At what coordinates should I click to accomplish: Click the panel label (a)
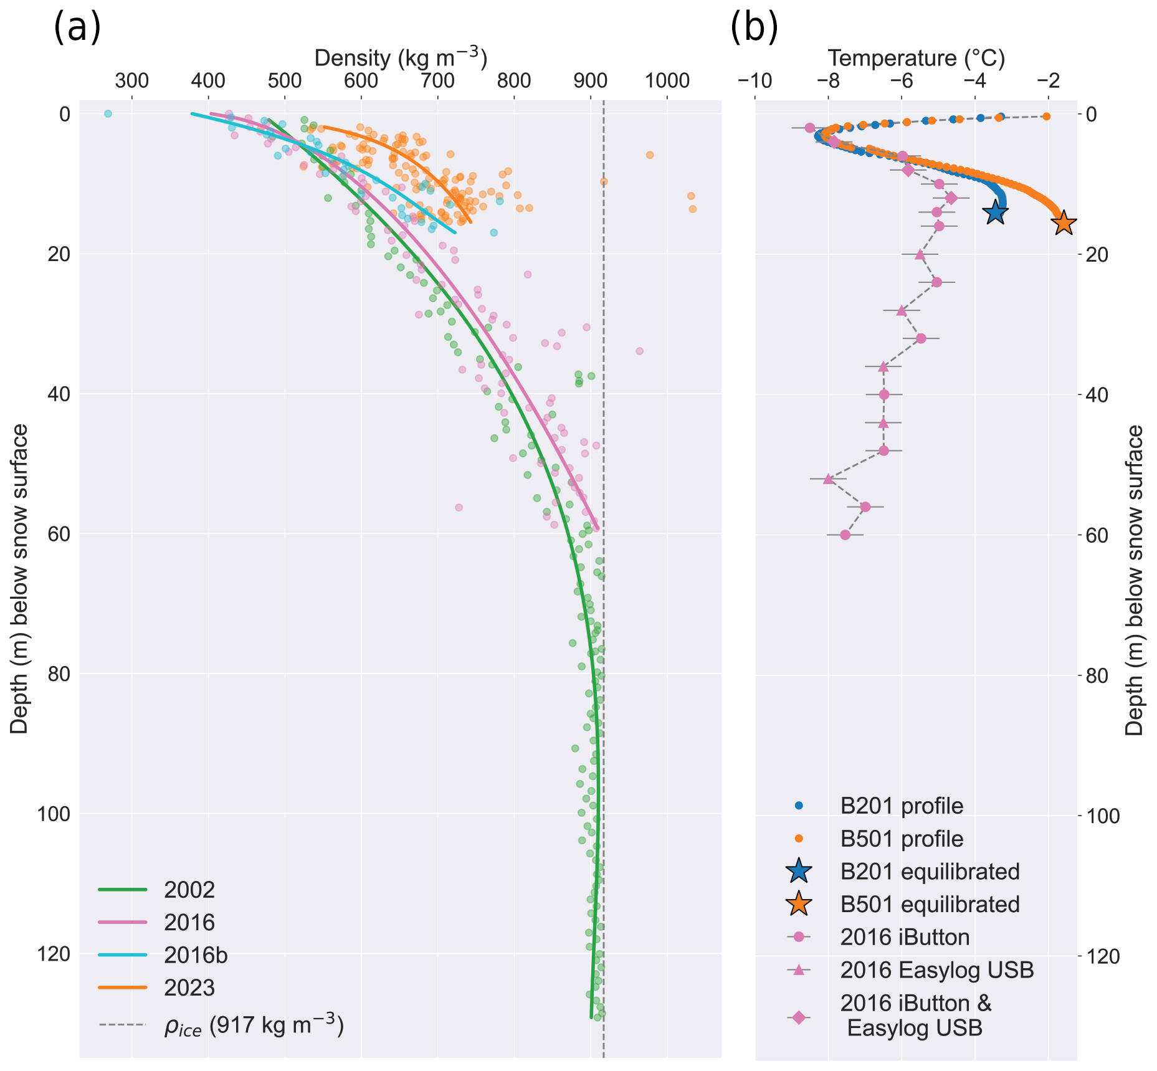click(x=77, y=29)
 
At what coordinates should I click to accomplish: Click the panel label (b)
click(x=754, y=29)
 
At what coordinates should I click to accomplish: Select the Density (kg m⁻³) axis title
click(x=401, y=58)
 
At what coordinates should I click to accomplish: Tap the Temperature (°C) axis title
click(x=916, y=58)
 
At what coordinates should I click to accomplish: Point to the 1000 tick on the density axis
click(x=667, y=81)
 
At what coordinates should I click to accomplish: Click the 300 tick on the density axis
click(x=132, y=81)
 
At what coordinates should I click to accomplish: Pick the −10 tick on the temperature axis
click(x=755, y=81)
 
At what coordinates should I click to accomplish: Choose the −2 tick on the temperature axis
click(x=1049, y=81)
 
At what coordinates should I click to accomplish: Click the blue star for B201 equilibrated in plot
click(x=996, y=212)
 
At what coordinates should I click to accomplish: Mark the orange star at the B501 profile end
click(x=1063, y=222)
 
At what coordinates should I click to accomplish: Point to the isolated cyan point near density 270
click(x=108, y=113)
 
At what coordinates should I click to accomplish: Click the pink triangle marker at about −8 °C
click(x=828, y=478)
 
